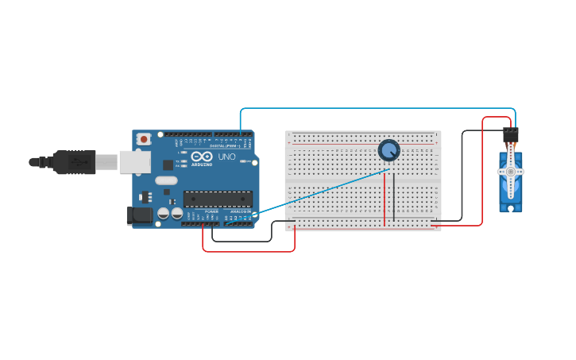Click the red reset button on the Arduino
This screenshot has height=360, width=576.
(x=144, y=139)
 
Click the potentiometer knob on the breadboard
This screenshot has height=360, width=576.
(x=389, y=149)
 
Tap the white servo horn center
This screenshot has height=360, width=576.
(x=510, y=171)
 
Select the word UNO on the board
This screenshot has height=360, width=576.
(x=226, y=157)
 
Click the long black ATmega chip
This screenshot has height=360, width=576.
(x=218, y=199)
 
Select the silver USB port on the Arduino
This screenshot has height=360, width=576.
(x=134, y=162)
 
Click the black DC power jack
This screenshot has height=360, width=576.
(x=140, y=215)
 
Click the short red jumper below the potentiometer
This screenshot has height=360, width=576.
(x=385, y=199)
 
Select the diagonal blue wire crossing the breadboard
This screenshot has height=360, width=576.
(x=322, y=192)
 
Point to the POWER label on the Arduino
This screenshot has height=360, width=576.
(x=211, y=211)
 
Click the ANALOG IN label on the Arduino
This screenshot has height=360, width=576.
(x=240, y=211)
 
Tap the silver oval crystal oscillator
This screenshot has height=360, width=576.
(x=166, y=180)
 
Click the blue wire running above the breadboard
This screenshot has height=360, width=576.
(x=377, y=109)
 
